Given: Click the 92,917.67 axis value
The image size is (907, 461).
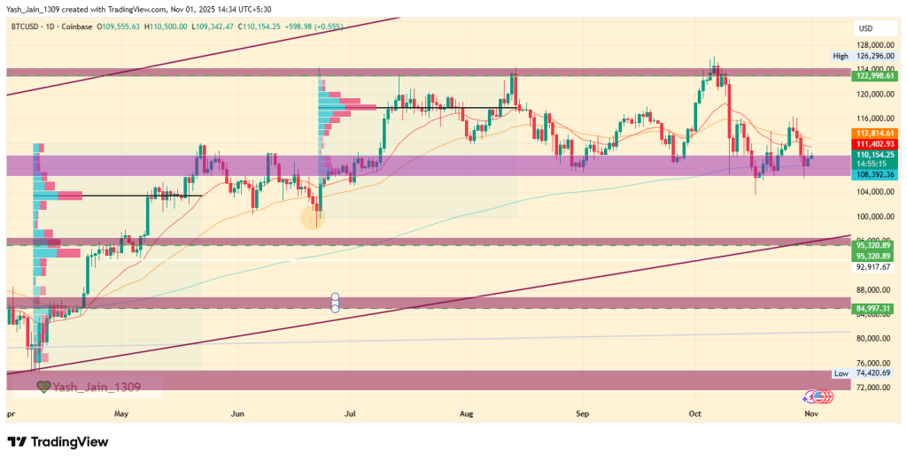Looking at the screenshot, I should point(872,265).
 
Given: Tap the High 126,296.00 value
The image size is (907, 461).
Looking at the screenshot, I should point(872,56).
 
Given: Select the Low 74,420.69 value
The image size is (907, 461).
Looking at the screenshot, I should point(872,373).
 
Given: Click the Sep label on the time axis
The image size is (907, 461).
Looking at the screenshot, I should point(582,413).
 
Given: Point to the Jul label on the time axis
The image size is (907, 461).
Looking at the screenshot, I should point(351,413).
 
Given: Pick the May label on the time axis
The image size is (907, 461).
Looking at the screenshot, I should point(121,413).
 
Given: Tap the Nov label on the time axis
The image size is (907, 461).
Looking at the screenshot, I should point(810,413).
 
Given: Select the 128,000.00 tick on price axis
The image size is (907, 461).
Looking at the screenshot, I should point(872,44).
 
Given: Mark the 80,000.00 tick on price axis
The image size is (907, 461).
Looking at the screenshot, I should point(872,339).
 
